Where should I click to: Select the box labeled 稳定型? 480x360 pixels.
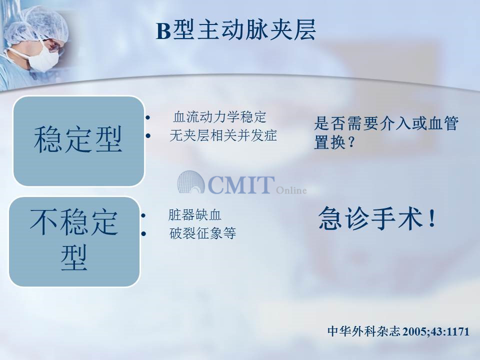[x=78, y=141]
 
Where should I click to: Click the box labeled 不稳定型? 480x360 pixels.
[x=74, y=241]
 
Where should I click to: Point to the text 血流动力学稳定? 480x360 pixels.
[x=219, y=116]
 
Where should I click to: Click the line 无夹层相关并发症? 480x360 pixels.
[x=223, y=135]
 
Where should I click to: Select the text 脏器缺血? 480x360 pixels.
[x=194, y=215]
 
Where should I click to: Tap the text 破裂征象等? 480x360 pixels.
[x=202, y=233]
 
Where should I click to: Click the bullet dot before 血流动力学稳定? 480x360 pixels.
[x=148, y=117]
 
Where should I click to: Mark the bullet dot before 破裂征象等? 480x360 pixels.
[x=143, y=234]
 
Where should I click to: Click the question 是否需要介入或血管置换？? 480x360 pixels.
[x=386, y=132]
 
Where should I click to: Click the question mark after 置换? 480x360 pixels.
[x=351, y=142]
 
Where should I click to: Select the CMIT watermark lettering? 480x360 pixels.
[x=241, y=185]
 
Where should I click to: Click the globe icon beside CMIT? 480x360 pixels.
[x=190, y=182]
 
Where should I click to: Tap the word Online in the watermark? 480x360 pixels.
[x=291, y=190]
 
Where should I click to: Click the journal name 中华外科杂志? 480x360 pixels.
[x=363, y=331]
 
